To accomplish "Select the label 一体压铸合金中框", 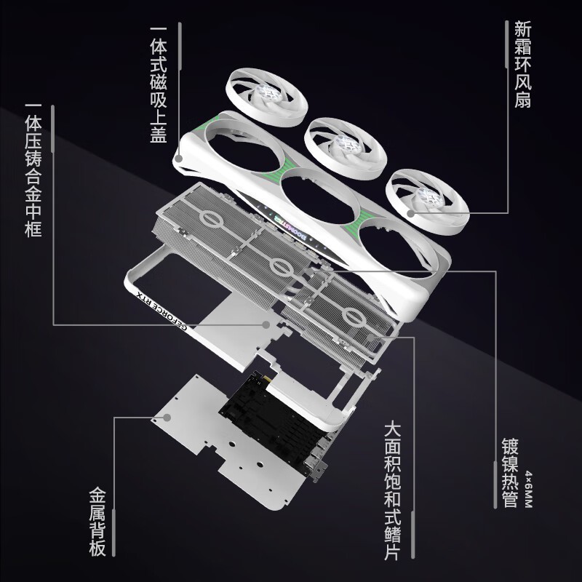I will (33, 172).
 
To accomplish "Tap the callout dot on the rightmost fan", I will (411, 214).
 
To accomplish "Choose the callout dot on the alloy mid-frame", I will (266, 323).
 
